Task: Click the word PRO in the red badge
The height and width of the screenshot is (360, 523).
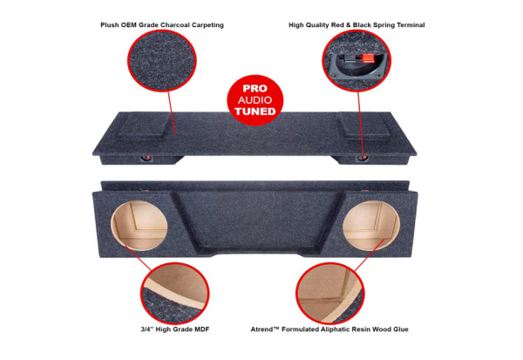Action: [x=256, y=89]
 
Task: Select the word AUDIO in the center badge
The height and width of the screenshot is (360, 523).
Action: [x=256, y=100]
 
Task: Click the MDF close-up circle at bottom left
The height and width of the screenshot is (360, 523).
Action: [x=175, y=292]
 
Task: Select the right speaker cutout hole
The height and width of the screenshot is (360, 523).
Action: [x=371, y=225]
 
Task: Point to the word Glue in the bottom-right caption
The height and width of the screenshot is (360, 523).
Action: [x=400, y=329]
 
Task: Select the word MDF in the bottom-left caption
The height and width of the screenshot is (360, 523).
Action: [x=198, y=329]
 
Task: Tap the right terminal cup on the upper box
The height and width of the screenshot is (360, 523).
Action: [x=363, y=159]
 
